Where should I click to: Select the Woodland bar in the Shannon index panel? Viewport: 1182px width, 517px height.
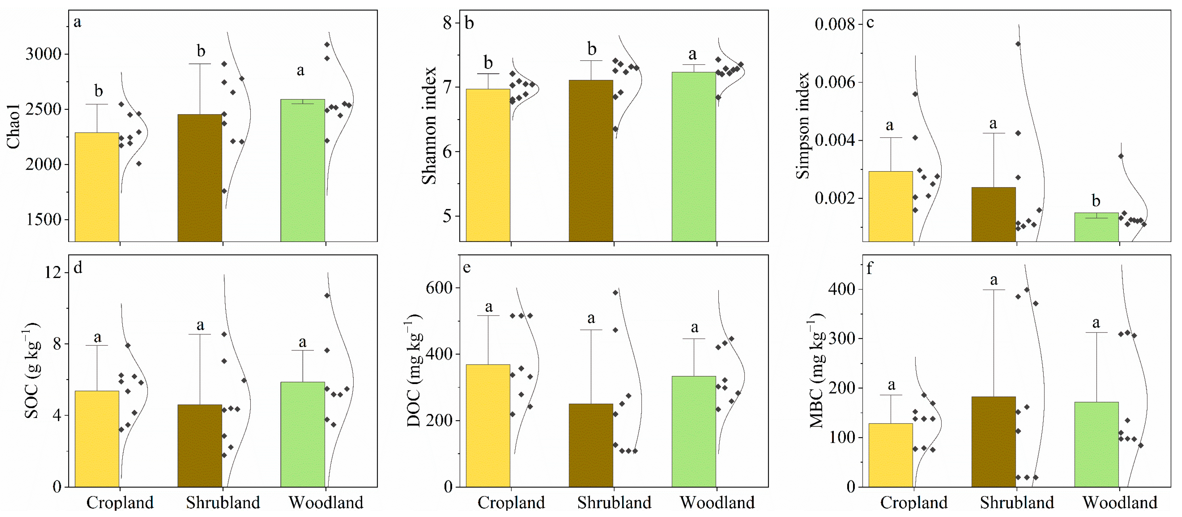693,156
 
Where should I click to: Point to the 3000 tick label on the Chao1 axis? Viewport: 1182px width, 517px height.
43,54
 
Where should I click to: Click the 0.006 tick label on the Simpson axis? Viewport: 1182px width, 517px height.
835,82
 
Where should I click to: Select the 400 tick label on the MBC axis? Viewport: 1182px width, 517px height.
842,289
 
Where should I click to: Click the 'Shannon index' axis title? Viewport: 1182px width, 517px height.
429,126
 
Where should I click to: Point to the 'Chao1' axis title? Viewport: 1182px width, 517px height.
14,126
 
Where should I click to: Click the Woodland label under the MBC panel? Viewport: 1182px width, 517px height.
1120,503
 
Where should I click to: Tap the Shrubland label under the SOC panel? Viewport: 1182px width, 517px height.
223,503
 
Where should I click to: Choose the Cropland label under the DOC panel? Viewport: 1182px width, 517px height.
511,503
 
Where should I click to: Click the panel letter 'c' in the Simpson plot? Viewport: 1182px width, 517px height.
870,22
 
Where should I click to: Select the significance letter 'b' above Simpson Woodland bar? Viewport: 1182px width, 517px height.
1096,201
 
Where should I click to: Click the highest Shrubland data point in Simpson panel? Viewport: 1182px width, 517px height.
1018,44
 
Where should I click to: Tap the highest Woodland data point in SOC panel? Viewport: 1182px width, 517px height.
327,296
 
